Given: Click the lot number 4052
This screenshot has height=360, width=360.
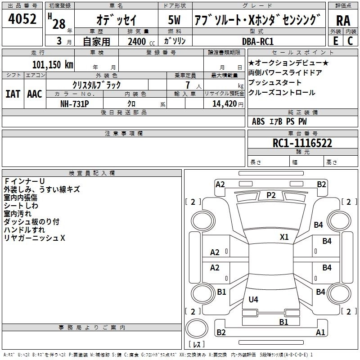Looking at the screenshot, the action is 22,19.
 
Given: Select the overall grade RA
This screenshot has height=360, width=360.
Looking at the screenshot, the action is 343,21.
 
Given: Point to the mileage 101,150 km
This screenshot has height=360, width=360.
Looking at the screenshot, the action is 53,64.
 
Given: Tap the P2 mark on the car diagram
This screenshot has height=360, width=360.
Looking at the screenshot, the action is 271,195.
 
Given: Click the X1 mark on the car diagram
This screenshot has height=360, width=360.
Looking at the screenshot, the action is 284,237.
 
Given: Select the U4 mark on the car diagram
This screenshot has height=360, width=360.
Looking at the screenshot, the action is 253,299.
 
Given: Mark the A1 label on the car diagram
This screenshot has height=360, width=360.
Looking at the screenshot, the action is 320,333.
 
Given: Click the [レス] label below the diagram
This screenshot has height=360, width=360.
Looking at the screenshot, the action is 196,345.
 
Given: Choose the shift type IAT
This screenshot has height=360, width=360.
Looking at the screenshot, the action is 13,94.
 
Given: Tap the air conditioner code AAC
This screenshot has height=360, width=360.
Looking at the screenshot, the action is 34,94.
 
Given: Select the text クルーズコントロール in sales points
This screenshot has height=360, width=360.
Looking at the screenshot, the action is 282,93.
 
